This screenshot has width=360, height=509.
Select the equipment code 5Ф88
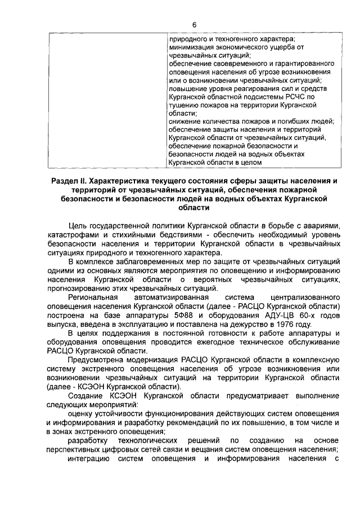pos(179,315)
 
